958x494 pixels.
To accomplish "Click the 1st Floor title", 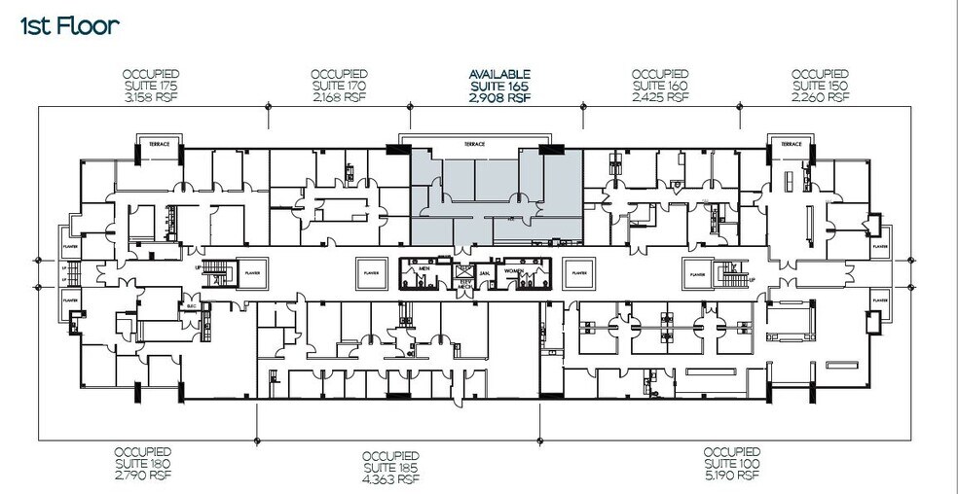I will coord(69,26).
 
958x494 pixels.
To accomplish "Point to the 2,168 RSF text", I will coord(339,97).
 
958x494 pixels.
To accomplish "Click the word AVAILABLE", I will coord(499,74).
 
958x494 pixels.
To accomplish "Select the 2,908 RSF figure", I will coord(499,97).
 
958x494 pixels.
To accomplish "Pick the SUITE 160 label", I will coord(660,86).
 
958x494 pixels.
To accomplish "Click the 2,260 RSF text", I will coord(821,97).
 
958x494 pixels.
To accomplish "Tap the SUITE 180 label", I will coord(143,464).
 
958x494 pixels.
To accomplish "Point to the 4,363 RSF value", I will coord(390,479).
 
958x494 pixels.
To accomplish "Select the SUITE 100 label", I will coord(732,464).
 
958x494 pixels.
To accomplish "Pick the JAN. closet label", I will coord(484,273).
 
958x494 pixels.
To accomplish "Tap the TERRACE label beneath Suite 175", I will coord(159,144).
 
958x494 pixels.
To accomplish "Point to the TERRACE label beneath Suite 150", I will coord(790,144).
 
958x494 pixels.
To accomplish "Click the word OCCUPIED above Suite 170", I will coord(339,74).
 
